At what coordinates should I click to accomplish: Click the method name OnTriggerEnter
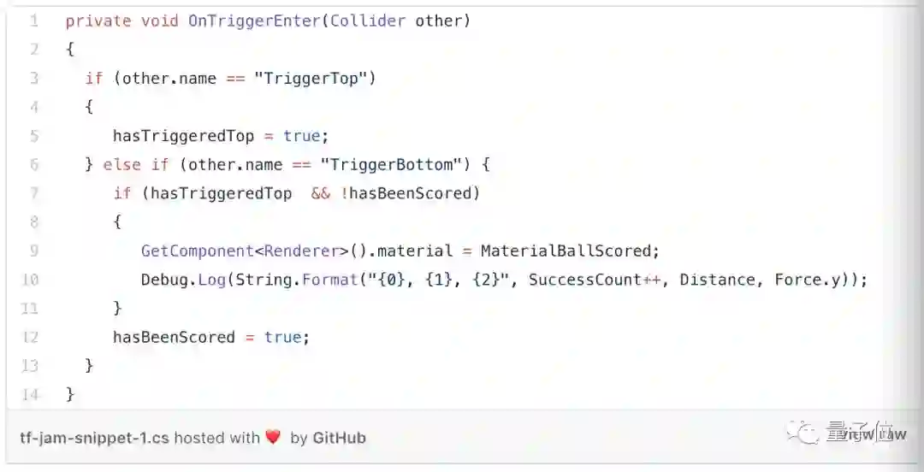point(254,21)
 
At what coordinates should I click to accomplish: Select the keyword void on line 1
point(159,21)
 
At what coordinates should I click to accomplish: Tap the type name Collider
point(367,21)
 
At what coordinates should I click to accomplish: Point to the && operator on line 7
point(320,193)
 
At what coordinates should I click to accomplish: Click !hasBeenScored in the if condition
point(410,193)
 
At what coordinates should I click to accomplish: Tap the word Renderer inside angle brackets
point(302,251)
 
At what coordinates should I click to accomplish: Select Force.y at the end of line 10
point(812,280)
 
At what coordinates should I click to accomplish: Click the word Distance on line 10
point(718,280)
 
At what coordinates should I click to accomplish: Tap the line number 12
point(30,337)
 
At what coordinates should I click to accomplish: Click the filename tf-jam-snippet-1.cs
point(94,438)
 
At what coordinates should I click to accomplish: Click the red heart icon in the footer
point(273,438)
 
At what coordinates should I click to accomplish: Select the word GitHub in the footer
point(339,438)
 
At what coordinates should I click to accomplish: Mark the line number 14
point(30,394)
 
